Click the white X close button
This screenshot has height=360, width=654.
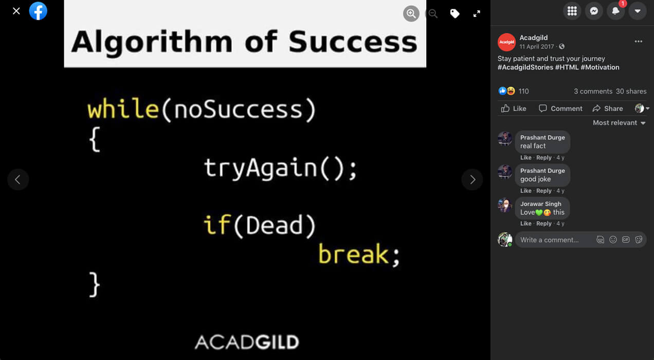16,11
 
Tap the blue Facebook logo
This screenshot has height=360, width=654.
38,11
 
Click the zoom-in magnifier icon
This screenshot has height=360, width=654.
411,13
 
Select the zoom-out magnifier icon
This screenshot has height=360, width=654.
433,13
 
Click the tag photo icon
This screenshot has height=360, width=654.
455,13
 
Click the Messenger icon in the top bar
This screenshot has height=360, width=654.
594,11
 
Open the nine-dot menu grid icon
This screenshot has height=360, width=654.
572,11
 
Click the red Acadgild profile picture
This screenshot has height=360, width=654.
506,42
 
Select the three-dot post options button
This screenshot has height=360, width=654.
638,42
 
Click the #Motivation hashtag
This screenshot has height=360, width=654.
600,67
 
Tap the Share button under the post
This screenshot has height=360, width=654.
608,109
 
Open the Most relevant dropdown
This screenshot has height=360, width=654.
619,123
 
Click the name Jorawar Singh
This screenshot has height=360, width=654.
541,204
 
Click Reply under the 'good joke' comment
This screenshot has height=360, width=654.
543,191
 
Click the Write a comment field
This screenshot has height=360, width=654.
555,240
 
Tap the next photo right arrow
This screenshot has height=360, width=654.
473,179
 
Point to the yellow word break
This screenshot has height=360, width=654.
354,254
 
